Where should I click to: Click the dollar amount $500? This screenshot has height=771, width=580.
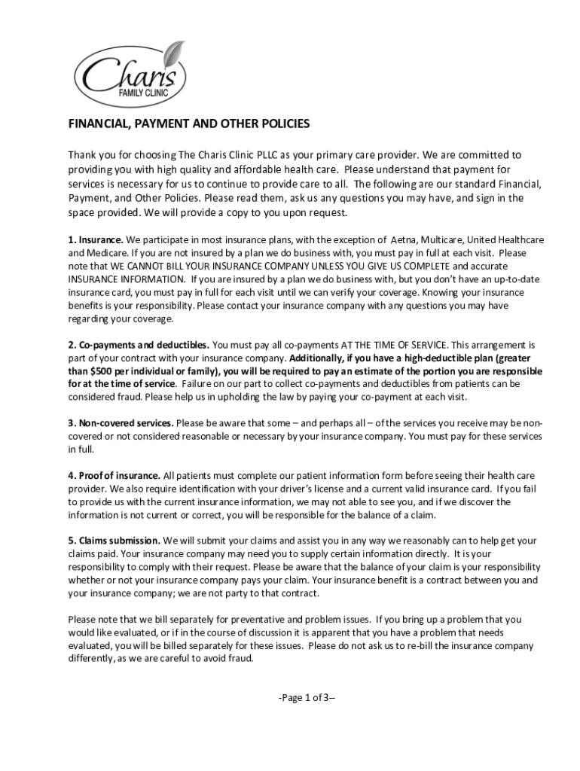(x=103, y=370)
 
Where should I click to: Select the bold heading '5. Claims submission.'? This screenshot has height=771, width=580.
(x=114, y=541)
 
